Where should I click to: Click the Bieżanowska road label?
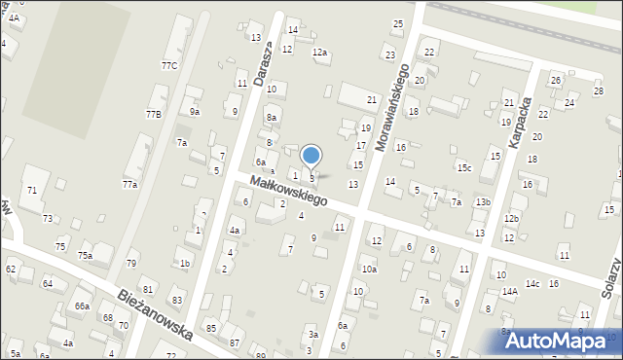155,314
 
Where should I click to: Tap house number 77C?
169,66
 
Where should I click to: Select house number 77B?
153,115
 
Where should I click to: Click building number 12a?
319,53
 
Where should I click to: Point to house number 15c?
464,168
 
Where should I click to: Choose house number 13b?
482,202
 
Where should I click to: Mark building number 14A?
508,291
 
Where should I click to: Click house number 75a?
86,256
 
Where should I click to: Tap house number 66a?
82,306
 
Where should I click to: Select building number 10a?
369,270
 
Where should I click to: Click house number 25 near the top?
397,23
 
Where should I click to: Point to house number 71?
32,190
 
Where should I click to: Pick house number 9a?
195,112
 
